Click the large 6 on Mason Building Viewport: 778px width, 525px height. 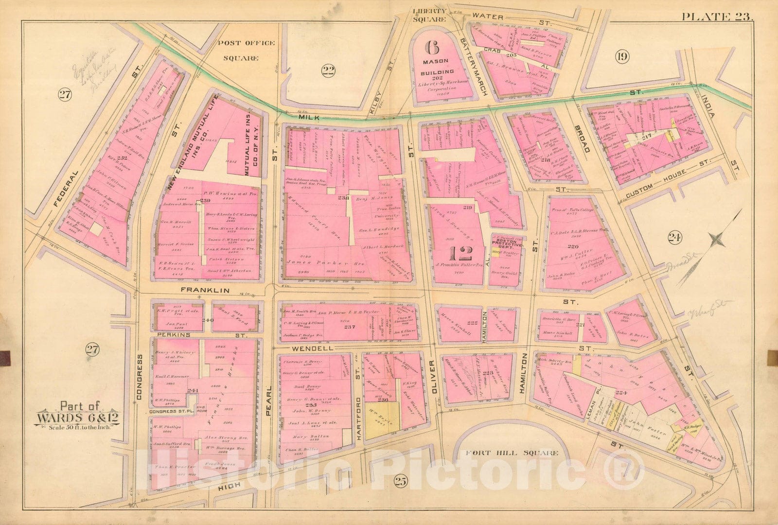(x=431, y=48)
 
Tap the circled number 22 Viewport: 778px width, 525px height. (x=329, y=72)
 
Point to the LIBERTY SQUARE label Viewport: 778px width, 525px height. (x=429, y=15)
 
